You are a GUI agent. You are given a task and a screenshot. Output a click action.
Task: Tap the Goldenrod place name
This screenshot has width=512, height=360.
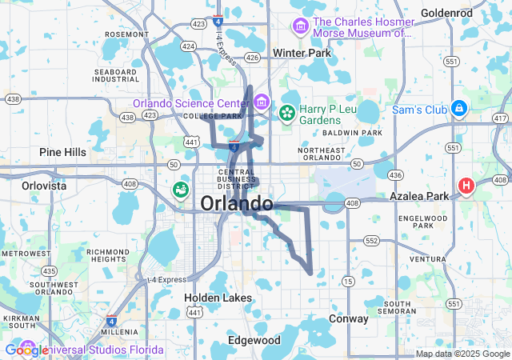(x=447, y=13)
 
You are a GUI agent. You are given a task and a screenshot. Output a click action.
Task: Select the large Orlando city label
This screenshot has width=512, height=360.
(x=236, y=203)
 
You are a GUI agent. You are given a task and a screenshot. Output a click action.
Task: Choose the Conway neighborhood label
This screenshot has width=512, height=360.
(x=349, y=318)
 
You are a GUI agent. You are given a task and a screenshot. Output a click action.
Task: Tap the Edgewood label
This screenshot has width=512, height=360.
(x=254, y=340)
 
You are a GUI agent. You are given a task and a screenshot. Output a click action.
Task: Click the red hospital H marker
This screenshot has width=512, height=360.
(x=466, y=186)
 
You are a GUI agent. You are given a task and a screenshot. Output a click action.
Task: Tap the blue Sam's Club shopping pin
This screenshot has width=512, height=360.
(x=458, y=107)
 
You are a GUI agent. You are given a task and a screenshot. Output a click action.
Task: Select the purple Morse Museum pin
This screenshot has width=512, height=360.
(x=300, y=26)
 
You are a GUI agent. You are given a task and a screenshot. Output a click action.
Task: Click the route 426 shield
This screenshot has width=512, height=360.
(x=253, y=58)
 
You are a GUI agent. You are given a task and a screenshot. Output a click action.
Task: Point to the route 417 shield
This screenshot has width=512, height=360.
(x=501, y=118)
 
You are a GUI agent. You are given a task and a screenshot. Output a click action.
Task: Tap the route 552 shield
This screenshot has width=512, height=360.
(x=370, y=240)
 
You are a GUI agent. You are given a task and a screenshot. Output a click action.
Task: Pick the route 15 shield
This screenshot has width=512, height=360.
(x=347, y=280)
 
